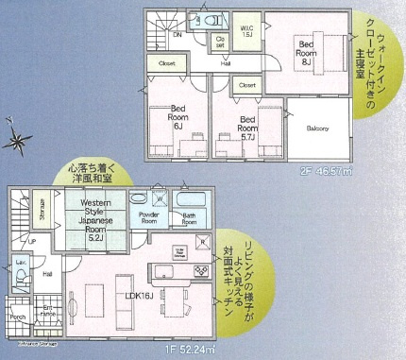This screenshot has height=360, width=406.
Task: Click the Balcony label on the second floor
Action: click(x=316, y=129)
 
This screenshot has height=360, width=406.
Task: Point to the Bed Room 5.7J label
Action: click(x=246, y=127)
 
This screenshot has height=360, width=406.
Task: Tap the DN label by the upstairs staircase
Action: click(x=176, y=34)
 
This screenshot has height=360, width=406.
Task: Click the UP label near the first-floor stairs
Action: click(x=32, y=241)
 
